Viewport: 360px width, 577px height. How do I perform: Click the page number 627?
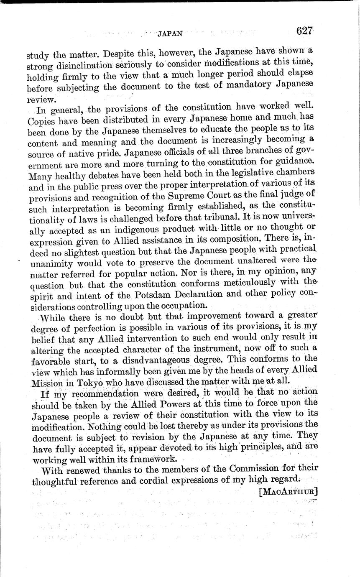tap(305, 31)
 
